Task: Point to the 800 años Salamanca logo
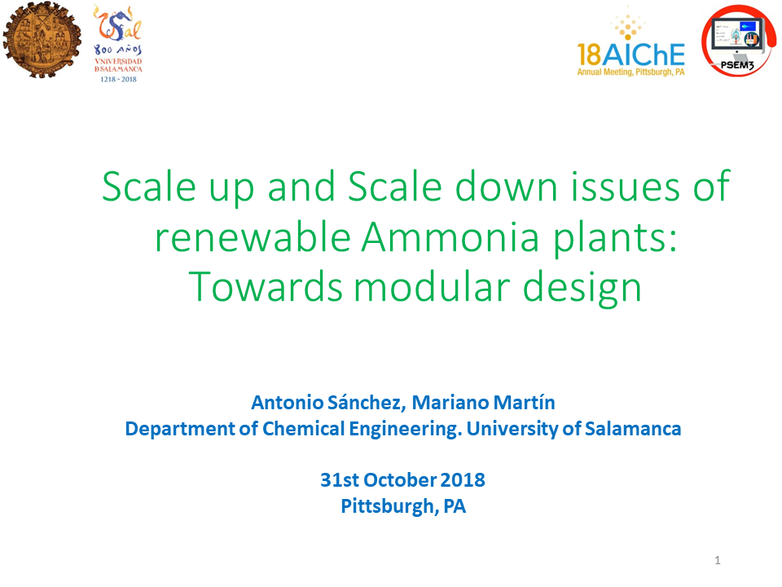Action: click(118, 43)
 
